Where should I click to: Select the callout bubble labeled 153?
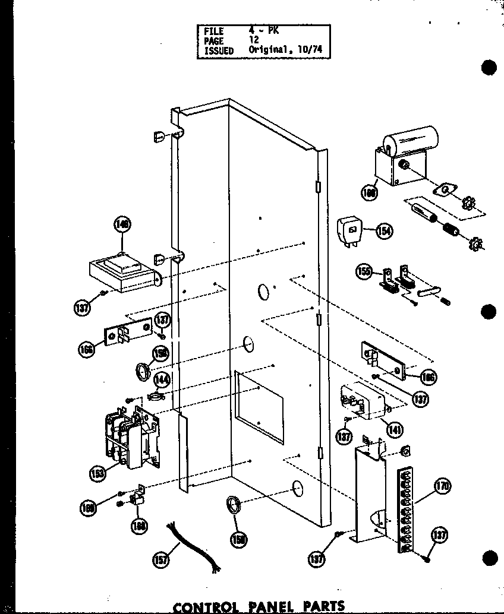pyautogui.click(x=98, y=473)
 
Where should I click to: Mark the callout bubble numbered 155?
pyautogui.click(x=363, y=272)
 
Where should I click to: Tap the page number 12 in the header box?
pyautogui.click(x=254, y=41)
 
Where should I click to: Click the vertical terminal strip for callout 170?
pyautogui.click(x=404, y=508)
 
